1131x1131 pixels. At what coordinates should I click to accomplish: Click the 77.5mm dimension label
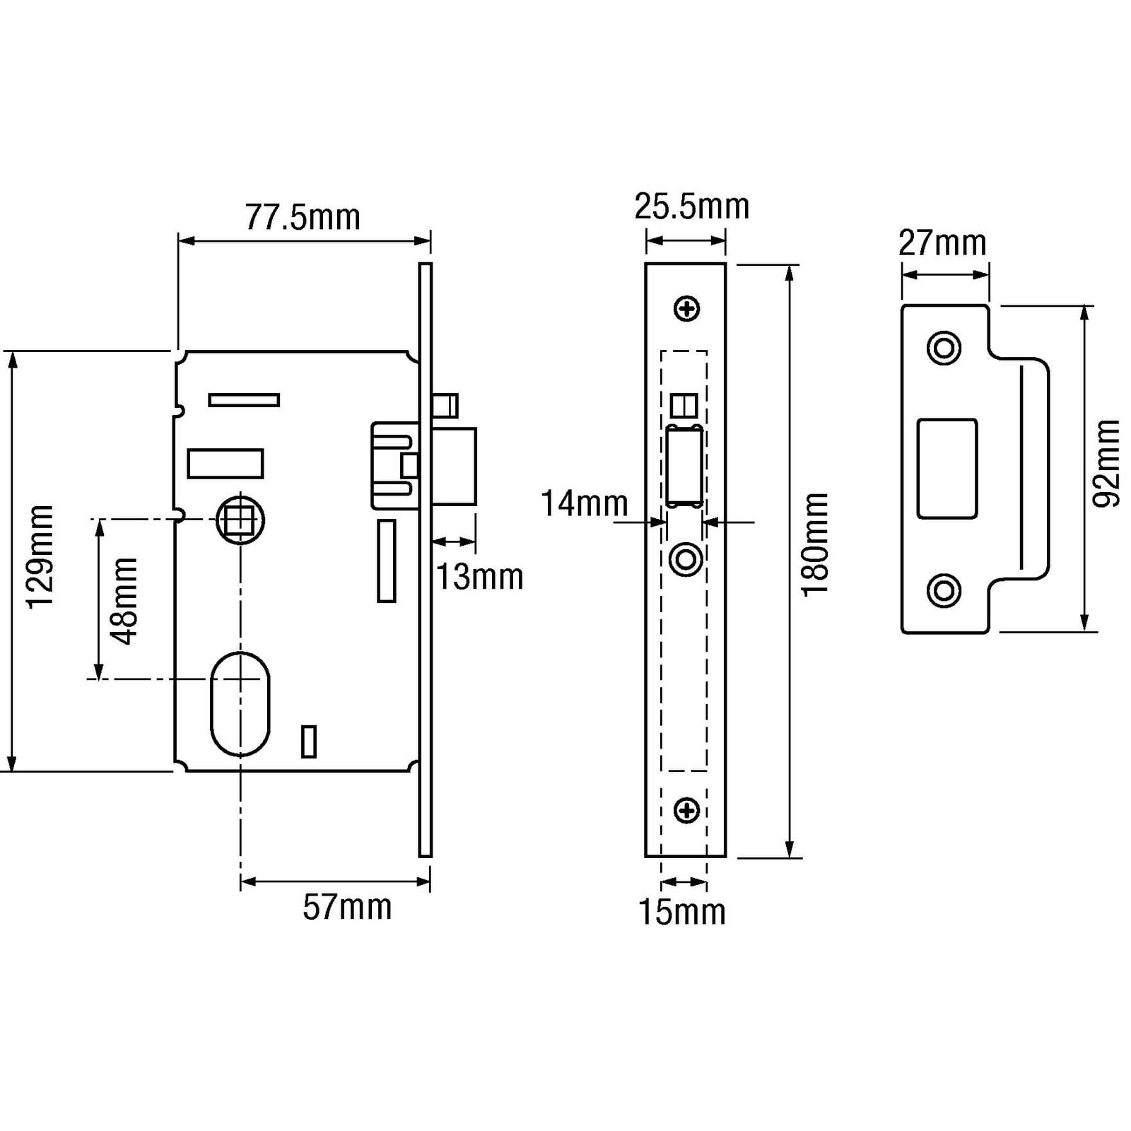[x=303, y=217]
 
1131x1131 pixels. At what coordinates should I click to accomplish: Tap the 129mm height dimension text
[x=40, y=556]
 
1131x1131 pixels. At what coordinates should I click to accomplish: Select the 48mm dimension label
[x=124, y=601]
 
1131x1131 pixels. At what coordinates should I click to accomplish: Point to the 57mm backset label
[x=347, y=907]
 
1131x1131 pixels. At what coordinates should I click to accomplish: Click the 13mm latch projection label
[x=479, y=577]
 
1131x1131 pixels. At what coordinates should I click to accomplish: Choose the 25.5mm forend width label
[x=691, y=206]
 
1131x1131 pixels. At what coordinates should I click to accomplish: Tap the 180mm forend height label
[x=815, y=545]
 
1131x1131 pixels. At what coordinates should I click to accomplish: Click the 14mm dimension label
[x=585, y=504]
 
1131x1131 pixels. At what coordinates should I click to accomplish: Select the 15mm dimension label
[x=682, y=912]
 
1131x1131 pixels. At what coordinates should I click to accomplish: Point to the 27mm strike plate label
[x=942, y=243]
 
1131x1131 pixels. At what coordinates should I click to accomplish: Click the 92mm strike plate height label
[x=1107, y=463]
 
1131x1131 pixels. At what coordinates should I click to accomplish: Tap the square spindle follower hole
[x=240, y=520]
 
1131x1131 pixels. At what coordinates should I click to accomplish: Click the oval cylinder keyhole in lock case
[x=240, y=703]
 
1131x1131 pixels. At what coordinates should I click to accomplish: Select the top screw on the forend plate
[x=687, y=308]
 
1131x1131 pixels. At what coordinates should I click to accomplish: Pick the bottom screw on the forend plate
[x=687, y=810]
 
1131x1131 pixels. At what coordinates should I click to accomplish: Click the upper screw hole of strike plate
[x=944, y=348]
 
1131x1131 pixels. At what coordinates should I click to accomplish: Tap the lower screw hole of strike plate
[x=944, y=590]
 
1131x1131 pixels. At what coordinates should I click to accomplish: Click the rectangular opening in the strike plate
[x=947, y=469]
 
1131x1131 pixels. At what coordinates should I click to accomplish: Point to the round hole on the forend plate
[x=686, y=560]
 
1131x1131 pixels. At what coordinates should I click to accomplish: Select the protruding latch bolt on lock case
[x=454, y=466]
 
